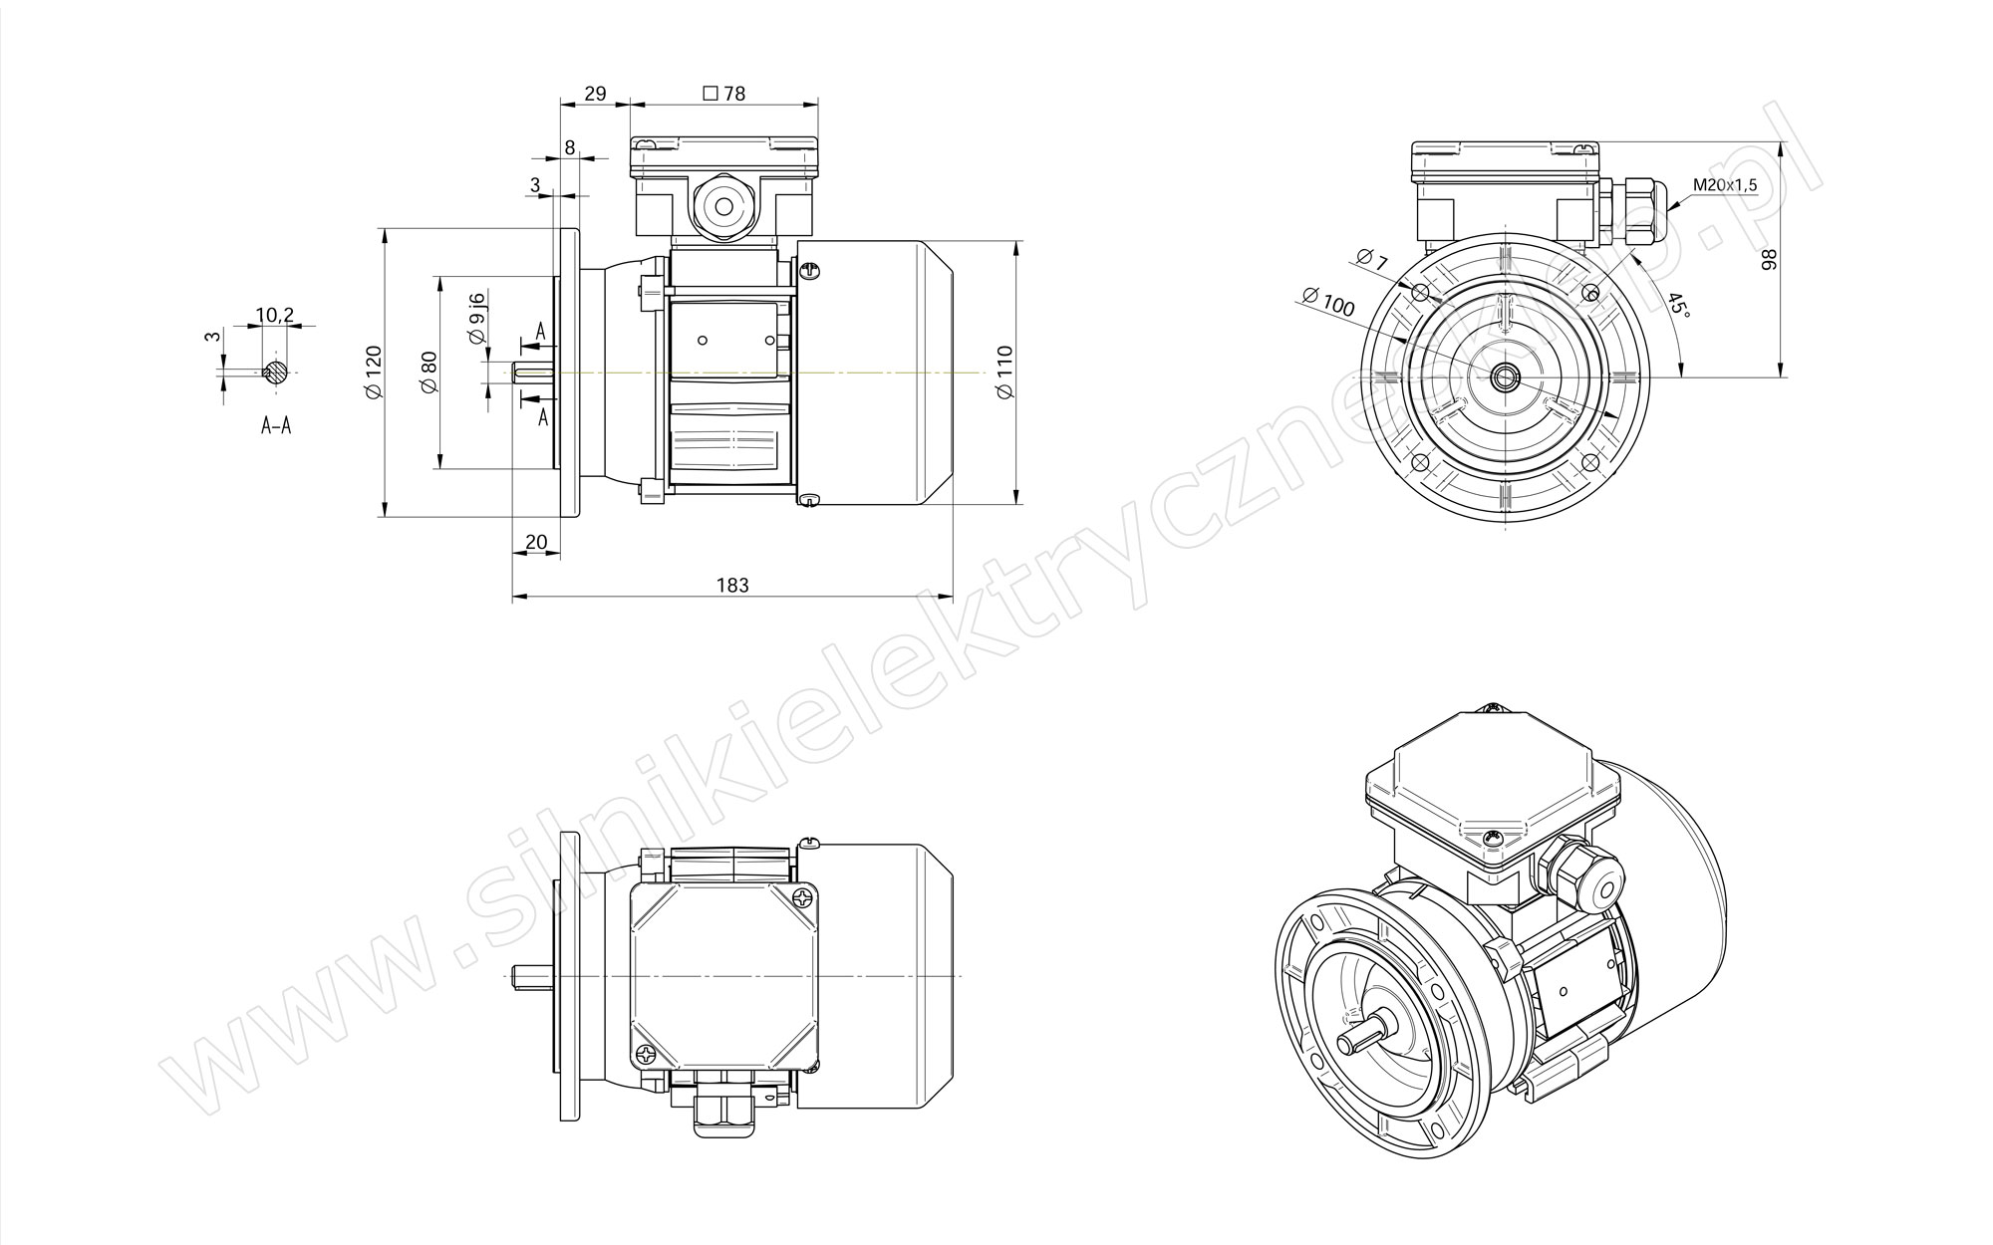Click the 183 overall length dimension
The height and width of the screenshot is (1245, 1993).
[732, 585]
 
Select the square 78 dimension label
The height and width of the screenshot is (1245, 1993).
[724, 94]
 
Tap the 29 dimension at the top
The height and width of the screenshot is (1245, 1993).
[595, 94]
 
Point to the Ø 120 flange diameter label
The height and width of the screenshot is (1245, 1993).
[374, 373]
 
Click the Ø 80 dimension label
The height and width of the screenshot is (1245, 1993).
[429, 373]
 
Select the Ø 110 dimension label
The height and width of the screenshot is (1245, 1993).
[1004, 373]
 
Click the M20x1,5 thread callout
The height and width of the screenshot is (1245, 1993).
[1725, 185]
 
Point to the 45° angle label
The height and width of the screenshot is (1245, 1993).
[1679, 305]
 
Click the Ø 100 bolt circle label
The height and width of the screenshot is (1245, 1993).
[1328, 301]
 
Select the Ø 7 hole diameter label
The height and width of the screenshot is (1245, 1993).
[1371, 259]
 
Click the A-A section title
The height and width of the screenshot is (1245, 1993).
[276, 426]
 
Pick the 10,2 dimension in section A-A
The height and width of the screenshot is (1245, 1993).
[275, 315]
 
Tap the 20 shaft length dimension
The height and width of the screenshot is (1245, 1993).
[536, 542]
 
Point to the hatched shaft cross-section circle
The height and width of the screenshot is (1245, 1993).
[276, 373]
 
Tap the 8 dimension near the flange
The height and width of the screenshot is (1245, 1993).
[570, 147]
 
